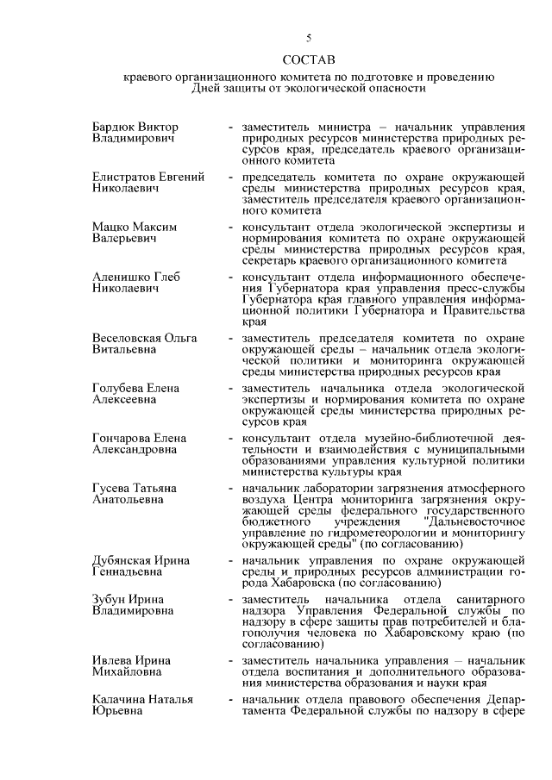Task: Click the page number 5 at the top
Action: (x=307, y=37)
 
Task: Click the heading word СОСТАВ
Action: (x=307, y=59)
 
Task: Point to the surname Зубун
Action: (x=109, y=599)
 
